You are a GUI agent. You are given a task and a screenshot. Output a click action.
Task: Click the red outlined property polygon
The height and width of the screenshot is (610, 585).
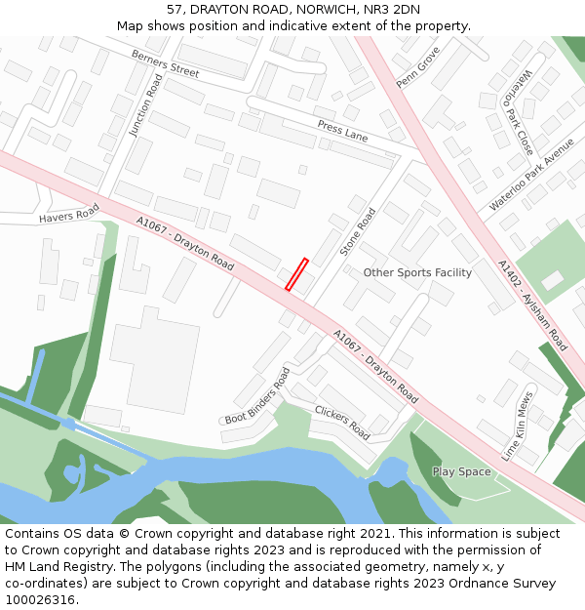pyautogui.click(x=296, y=274)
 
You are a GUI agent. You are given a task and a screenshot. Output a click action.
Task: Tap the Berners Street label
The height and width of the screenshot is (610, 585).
pyautogui.click(x=165, y=65)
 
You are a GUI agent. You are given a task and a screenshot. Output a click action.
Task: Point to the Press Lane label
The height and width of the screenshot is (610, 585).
pyautogui.click(x=342, y=131)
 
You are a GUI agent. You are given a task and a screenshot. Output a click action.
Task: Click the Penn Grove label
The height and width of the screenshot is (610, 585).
pyautogui.click(x=417, y=67)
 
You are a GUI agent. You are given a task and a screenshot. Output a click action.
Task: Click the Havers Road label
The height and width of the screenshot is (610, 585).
pyautogui.click(x=69, y=215)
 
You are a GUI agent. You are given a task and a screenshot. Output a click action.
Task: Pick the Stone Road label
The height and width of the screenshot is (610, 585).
pyautogui.click(x=358, y=231)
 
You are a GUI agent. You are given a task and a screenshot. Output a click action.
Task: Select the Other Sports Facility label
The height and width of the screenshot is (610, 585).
pyautogui.click(x=417, y=272)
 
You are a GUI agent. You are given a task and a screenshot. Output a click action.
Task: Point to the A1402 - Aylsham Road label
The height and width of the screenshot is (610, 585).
pyautogui.click(x=531, y=305)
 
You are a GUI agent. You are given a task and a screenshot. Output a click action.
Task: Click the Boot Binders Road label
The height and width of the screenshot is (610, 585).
pyautogui.click(x=257, y=395)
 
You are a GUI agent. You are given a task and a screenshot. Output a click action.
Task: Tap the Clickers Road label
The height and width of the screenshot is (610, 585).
pyautogui.click(x=341, y=422)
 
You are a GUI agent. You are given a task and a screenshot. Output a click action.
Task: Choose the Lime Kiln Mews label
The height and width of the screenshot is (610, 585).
pyautogui.click(x=518, y=426)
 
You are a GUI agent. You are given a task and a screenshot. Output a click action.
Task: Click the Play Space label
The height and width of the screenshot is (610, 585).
pyautogui.click(x=461, y=471)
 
